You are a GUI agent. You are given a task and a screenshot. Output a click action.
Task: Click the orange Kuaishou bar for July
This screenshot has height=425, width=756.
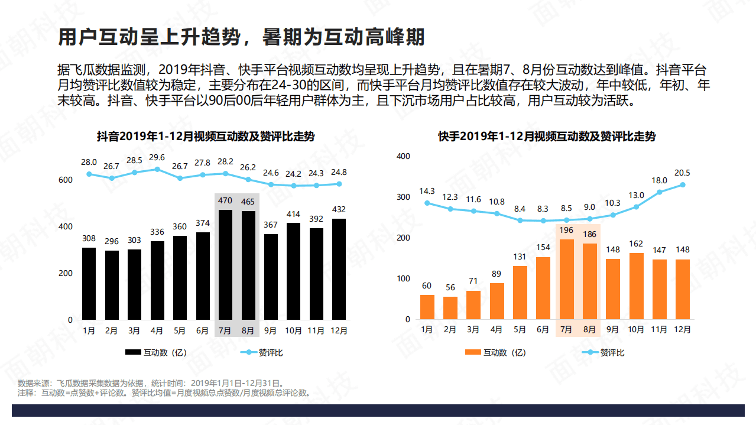(x=566, y=279)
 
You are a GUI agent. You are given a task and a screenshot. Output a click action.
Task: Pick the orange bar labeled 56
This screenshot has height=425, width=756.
(x=450, y=307)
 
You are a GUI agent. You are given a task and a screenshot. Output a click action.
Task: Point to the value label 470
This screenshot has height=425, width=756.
(x=225, y=201)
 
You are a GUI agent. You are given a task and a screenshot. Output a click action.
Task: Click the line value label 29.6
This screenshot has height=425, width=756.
(x=157, y=157)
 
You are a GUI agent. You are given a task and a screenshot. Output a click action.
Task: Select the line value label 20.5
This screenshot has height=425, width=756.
(x=682, y=173)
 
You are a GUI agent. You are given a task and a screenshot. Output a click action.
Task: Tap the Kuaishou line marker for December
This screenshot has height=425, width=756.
(x=683, y=184)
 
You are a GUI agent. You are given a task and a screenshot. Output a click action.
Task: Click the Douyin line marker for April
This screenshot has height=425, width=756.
(x=157, y=169)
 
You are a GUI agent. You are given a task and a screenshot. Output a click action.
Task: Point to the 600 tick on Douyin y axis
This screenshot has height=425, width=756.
(x=66, y=180)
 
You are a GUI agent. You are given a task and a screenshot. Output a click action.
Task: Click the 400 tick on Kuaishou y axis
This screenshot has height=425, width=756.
(x=403, y=156)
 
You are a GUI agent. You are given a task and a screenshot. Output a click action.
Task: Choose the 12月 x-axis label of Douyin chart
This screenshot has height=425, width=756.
(x=339, y=331)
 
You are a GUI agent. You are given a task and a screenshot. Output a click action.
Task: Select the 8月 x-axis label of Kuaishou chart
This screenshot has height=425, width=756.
(x=589, y=330)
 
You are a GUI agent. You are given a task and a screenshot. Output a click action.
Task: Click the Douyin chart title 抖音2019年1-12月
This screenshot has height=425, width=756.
(x=206, y=137)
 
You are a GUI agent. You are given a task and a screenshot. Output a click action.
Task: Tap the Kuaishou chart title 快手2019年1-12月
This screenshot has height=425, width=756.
(x=547, y=137)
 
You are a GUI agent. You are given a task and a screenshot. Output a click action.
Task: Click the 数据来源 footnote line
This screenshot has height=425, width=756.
(x=151, y=383)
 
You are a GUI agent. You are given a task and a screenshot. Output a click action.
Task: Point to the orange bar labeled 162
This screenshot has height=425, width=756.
(x=636, y=286)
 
